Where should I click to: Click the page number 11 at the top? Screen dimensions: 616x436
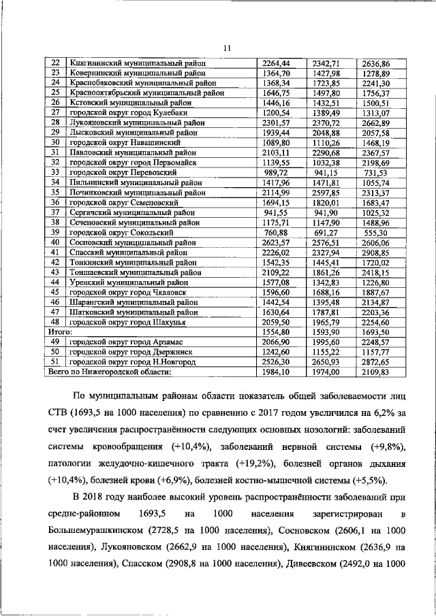pyautogui.click(x=226, y=48)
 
